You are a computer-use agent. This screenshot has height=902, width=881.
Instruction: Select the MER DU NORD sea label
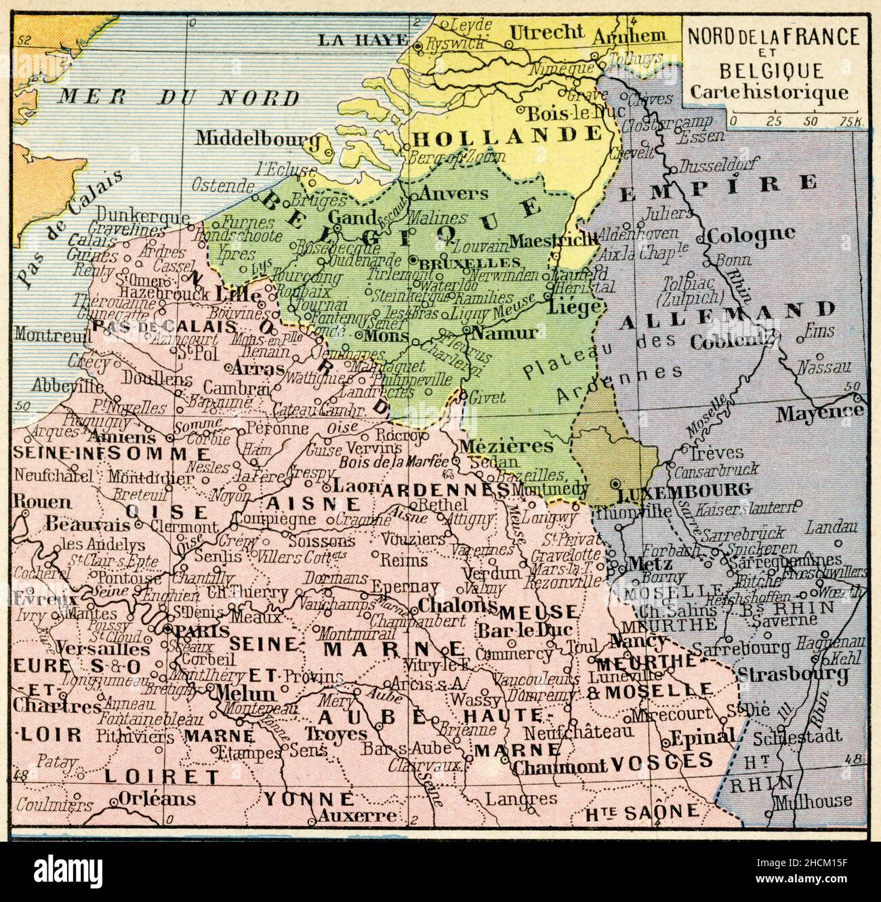pyautogui.click(x=178, y=96)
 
